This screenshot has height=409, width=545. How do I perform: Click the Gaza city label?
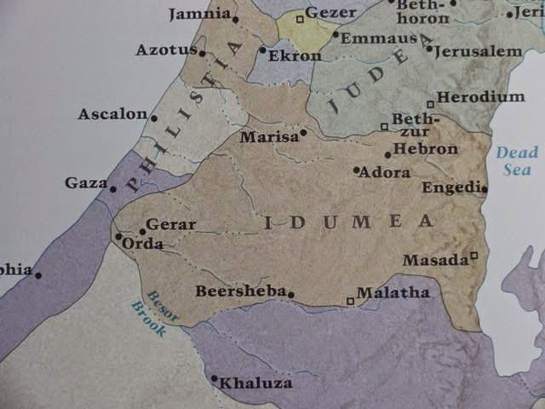click(x=85, y=182)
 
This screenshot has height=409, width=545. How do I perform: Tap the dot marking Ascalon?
click(x=154, y=118)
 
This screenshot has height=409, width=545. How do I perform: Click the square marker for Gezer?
click(x=300, y=18)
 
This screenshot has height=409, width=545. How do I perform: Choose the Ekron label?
click(x=295, y=56)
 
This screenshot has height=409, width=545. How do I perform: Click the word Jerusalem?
click(x=478, y=51)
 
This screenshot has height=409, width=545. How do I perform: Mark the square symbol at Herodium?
click(x=431, y=104)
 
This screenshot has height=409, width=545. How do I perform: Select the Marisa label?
click(x=268, y=136)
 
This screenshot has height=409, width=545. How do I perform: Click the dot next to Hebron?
click(x=387, y=154)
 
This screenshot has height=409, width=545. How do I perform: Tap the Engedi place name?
click(x=450, y=188)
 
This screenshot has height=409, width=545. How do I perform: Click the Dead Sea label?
click(x=518, y=161)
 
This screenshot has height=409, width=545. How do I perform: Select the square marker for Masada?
click(x=474, y=256)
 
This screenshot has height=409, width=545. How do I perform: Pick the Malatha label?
click(x=393, y=292)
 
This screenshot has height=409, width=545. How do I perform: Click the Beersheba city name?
click(x=240, y=291)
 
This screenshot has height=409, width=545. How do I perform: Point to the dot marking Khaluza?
click(x=214, y=378)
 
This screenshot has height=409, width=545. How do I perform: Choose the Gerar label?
click(x=170, y=225)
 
